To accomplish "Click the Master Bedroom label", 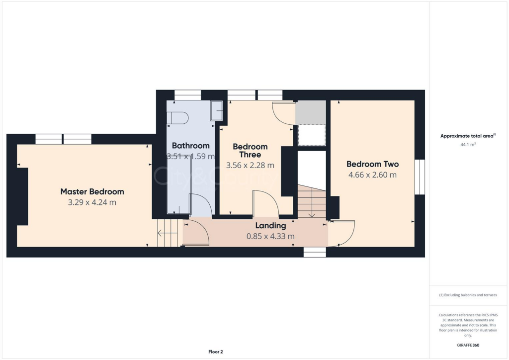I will coord(92,191).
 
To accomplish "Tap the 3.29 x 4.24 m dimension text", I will coord(92,202).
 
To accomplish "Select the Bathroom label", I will coord(190,146).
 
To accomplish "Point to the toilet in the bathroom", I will coord(177,118).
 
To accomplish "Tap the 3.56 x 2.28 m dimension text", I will coord(250,166).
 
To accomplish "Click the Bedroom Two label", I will coord(372,164).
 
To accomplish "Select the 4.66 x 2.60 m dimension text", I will coord(372,175).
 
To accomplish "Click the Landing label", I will coord(270,226).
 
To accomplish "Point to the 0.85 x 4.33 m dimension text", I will coord(270,236).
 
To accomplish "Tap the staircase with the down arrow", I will coord(311,201).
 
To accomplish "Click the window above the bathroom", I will coord(188,94).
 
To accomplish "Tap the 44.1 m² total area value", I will coord(468,145).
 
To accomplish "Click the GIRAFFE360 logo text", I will coord(468,345).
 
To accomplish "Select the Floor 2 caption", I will coord(216,352).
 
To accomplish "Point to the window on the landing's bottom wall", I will coord(315,252).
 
